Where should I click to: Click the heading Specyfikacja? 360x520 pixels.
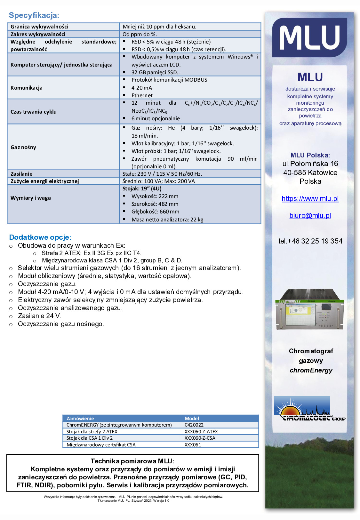click(34, 15)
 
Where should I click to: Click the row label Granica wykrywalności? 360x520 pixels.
click(39, 27)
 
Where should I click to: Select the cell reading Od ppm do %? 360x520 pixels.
click(140, 34)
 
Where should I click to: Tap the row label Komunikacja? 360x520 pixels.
click(27, 88)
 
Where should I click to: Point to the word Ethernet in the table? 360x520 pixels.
click(142, 95)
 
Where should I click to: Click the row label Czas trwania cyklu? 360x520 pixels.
click(34, 112)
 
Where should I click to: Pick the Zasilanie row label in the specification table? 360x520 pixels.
click(21, 174)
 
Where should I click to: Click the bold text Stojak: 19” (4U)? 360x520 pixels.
click(142, 188)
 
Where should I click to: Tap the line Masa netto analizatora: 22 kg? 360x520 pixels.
click(167, 220)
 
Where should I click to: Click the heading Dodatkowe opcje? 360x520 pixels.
click(40, 237)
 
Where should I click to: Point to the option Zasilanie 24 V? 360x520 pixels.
click(39, 316)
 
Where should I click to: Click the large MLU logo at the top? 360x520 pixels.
click(309, 37)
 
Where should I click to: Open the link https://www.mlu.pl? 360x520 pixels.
click(310, 198)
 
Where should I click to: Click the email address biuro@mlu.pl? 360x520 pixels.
click(310, 215)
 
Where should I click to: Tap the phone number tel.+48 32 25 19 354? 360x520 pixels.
click(310, 241)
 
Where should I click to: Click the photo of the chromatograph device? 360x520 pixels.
click(309, 310)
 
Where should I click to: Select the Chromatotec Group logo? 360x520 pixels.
click(309, 409)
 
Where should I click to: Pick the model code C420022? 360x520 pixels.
click(194, 425)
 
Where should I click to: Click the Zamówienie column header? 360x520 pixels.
click(80, 418)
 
